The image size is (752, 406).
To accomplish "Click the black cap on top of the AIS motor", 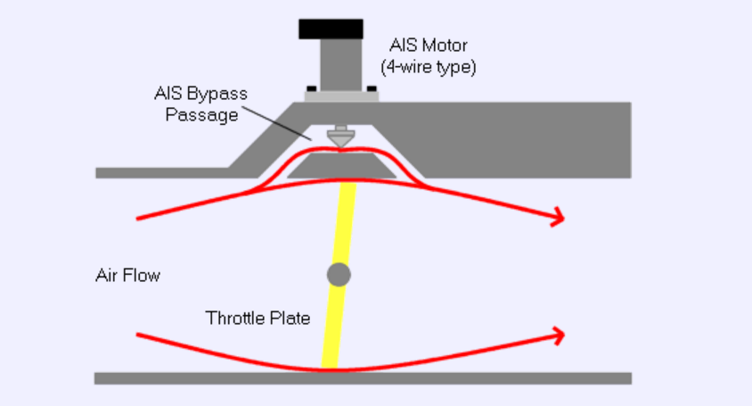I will coord(331,29).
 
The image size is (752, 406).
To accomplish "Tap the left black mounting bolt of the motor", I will coord(311,87).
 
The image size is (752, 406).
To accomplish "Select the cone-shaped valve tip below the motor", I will coord(338,138).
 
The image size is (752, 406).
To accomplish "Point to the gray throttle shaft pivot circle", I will coord(339,274).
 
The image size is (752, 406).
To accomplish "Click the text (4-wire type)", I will coord(428,67).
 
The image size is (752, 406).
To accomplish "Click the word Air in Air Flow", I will coord(107,275).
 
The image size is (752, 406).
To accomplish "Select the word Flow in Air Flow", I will coord(143,275).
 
